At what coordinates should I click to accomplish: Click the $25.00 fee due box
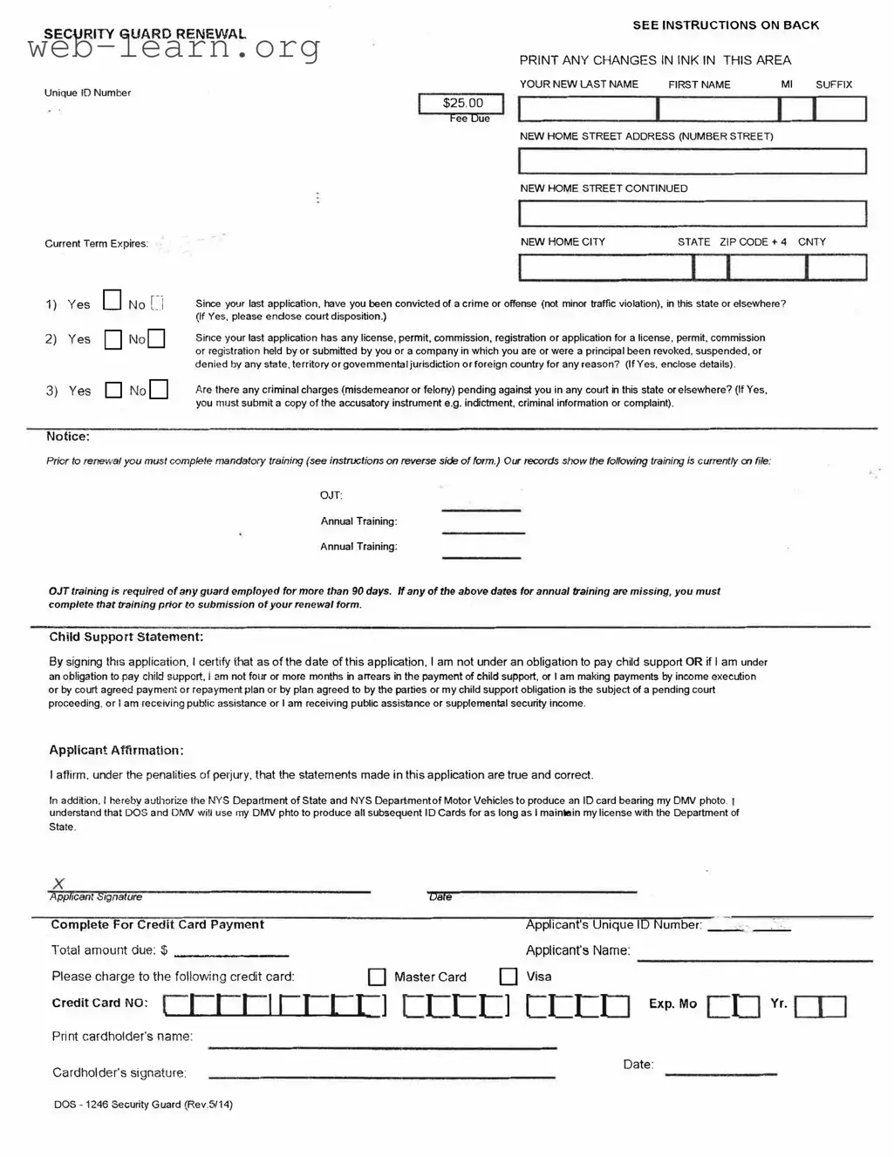[x=461, y=104]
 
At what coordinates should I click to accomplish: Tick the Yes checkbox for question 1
[x=112, y=301]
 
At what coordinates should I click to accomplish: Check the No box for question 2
[x=156, y=338]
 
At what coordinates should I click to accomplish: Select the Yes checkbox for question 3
[x=113, y=390]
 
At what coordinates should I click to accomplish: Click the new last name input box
[x=588, y=109]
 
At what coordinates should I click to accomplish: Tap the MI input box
[x=796, y=109]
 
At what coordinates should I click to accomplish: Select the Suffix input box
[x=840, y=109]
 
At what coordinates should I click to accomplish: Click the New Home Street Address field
[x=693, y=161]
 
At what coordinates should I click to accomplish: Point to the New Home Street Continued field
[x=693, y=214]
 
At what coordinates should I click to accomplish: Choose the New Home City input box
[x=606, y=267]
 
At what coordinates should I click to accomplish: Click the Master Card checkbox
[x=377, y=977]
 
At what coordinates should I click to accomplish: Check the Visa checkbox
[x=508, y=977]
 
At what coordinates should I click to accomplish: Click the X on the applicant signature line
[x=58, y=884]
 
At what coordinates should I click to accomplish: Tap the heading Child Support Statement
[x=126, y=637]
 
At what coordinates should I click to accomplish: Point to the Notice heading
[x=68, y=437]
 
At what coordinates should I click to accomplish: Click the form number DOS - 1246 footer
[x=143, y=1105]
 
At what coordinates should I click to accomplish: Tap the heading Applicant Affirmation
[x=116, y=751]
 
